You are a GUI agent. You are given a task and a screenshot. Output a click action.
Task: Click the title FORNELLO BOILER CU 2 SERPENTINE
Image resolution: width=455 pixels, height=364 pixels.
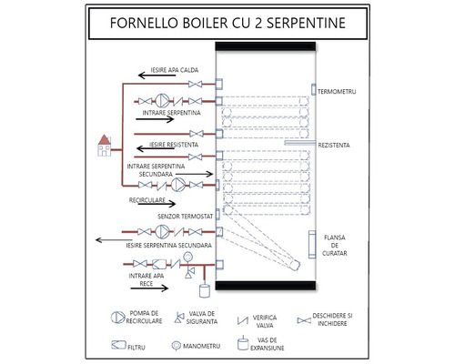click(227, 22)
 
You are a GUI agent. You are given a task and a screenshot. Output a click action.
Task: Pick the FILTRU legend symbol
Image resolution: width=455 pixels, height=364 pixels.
click(117, 345)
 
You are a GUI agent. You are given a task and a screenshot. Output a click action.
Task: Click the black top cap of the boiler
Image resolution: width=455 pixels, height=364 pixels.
click(265, 44)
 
